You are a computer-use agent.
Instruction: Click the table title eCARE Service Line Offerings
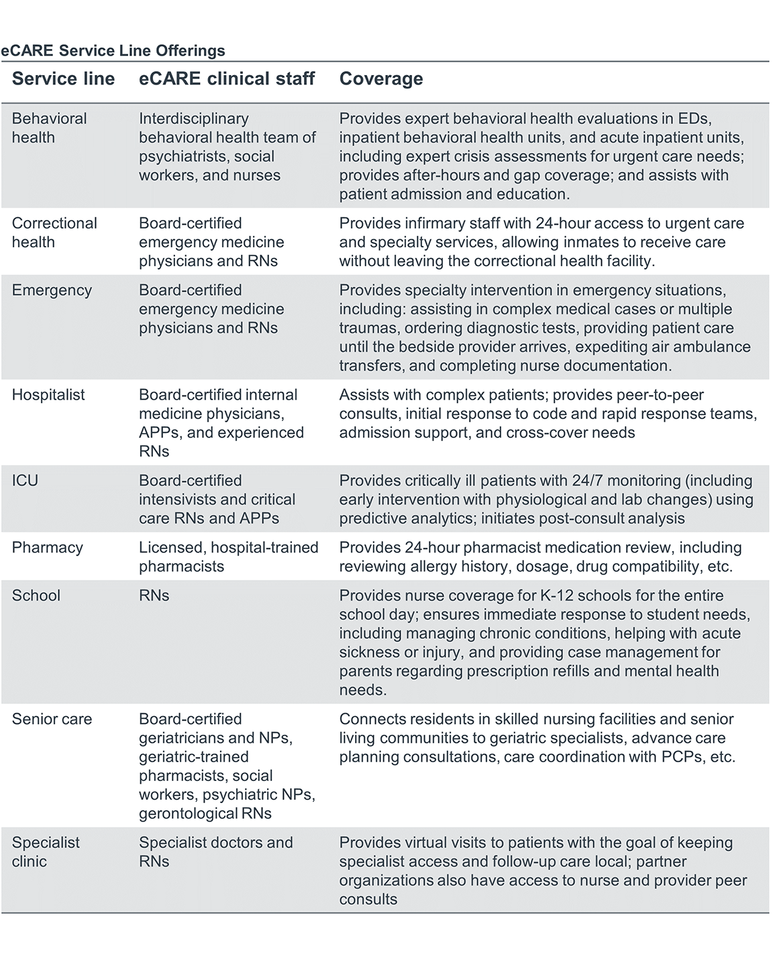coord(113,50)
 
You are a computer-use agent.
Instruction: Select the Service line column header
coord(63,79)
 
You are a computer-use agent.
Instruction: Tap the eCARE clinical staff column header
coord(227,79)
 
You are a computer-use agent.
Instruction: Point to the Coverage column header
coord(381,79)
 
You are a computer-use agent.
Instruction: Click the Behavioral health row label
coord(49,128)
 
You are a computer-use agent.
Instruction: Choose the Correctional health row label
coord(54,233)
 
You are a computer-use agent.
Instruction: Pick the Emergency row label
coord(52,290)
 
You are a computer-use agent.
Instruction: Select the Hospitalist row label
coord(48,395)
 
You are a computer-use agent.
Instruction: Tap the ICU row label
coord(25,481)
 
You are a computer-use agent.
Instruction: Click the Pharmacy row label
coord(47,548)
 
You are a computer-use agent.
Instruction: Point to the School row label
coord(36,596)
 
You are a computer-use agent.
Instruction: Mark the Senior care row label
coord(52,719)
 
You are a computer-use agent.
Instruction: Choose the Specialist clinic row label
coord(46,852)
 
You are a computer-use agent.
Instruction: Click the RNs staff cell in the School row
coord(154,596)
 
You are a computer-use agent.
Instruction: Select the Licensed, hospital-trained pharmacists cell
coord(228,557)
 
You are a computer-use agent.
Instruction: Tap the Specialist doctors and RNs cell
coord(215,852)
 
